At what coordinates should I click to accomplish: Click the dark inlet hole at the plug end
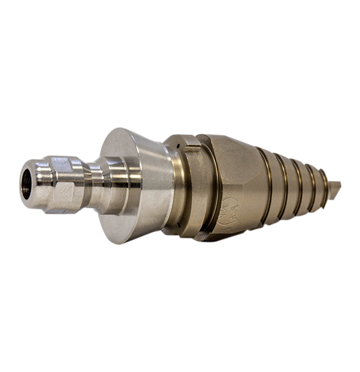pyautogui.click(x=26, y=184)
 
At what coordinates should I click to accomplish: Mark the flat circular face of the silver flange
pyautogui.click(x=121, y=186)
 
